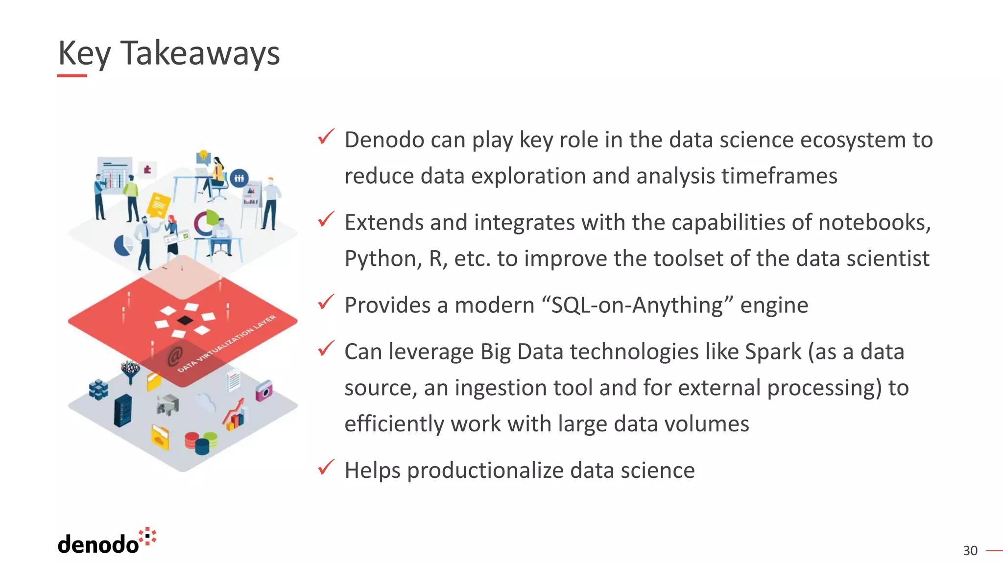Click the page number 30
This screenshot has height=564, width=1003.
click(x=970, y=551)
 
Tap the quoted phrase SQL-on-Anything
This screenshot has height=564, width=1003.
click(x=637, y=305)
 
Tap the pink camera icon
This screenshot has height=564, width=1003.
click(x=264, y=391)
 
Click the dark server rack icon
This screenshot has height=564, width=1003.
click(x=122, y=410)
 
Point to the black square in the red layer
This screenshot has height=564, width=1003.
click(x=185, y=321)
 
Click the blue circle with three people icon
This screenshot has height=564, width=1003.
click(x=239, y=178)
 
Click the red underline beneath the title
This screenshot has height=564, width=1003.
click(x=72, y=75)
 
